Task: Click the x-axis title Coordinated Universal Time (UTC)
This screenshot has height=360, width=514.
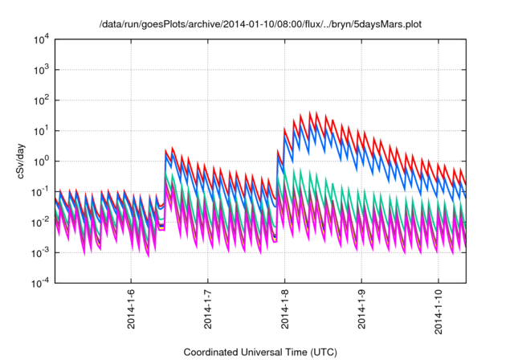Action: [259, 352]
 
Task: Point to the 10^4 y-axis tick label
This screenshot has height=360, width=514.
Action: [41, 39]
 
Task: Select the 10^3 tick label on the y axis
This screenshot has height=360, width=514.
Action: [41, 69]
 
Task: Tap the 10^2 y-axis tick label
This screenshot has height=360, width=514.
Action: [41, 100]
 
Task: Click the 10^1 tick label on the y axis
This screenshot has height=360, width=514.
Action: [41, 130]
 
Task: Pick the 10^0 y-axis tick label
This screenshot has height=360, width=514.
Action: [41, 161]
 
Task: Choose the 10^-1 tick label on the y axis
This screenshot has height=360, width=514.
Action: [40, 191]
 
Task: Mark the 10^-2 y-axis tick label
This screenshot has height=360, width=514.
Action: [40, 222]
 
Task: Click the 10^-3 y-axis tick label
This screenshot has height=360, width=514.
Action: [40, 252]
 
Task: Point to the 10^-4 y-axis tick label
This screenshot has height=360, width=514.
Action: [40, 283]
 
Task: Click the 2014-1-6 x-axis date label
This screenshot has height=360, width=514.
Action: [132, 309]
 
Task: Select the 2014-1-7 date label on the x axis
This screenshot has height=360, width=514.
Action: [208, 309]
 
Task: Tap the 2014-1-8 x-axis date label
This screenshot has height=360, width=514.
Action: [285, 309]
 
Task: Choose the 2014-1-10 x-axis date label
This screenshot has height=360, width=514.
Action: [439, 311]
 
